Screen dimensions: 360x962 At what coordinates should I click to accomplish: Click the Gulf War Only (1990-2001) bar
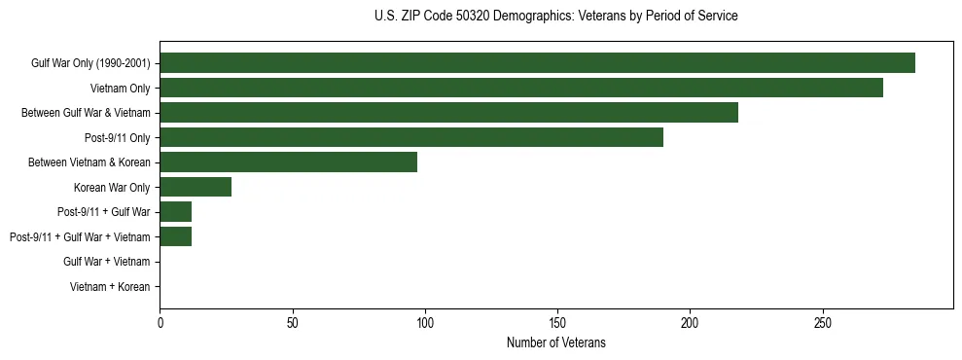(x=537, y=63)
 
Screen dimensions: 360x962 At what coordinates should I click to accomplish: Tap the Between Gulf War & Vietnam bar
(x=448, y=113)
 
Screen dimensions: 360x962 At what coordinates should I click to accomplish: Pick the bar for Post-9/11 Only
(x=411, y=137)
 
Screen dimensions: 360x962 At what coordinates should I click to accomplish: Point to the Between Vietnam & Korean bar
(x=288, y=162)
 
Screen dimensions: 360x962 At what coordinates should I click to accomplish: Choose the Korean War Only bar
(x=196, y=187)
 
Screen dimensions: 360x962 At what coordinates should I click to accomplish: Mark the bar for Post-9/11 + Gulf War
(x=175, y=212)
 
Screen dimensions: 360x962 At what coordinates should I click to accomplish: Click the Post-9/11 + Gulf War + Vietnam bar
(x=175, y=236)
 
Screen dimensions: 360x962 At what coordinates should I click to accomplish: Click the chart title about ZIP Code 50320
(x=555, y=17)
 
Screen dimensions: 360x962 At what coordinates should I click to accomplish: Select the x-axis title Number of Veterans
(x=555, y=342)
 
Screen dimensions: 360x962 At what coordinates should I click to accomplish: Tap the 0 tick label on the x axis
(x=160, y=321)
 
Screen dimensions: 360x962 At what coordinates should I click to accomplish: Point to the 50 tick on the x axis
(x=292, y=321)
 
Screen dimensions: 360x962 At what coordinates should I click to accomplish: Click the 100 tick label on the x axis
(x=425, y=321)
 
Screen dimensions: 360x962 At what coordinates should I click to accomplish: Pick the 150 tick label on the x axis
(x=557, y=321)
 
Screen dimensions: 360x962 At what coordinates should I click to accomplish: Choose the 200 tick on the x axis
(x=690, y=321)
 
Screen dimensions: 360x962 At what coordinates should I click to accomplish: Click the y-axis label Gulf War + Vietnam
(x=107, y=262)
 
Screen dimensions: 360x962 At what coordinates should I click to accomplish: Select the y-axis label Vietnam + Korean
(x=110, y=287)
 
